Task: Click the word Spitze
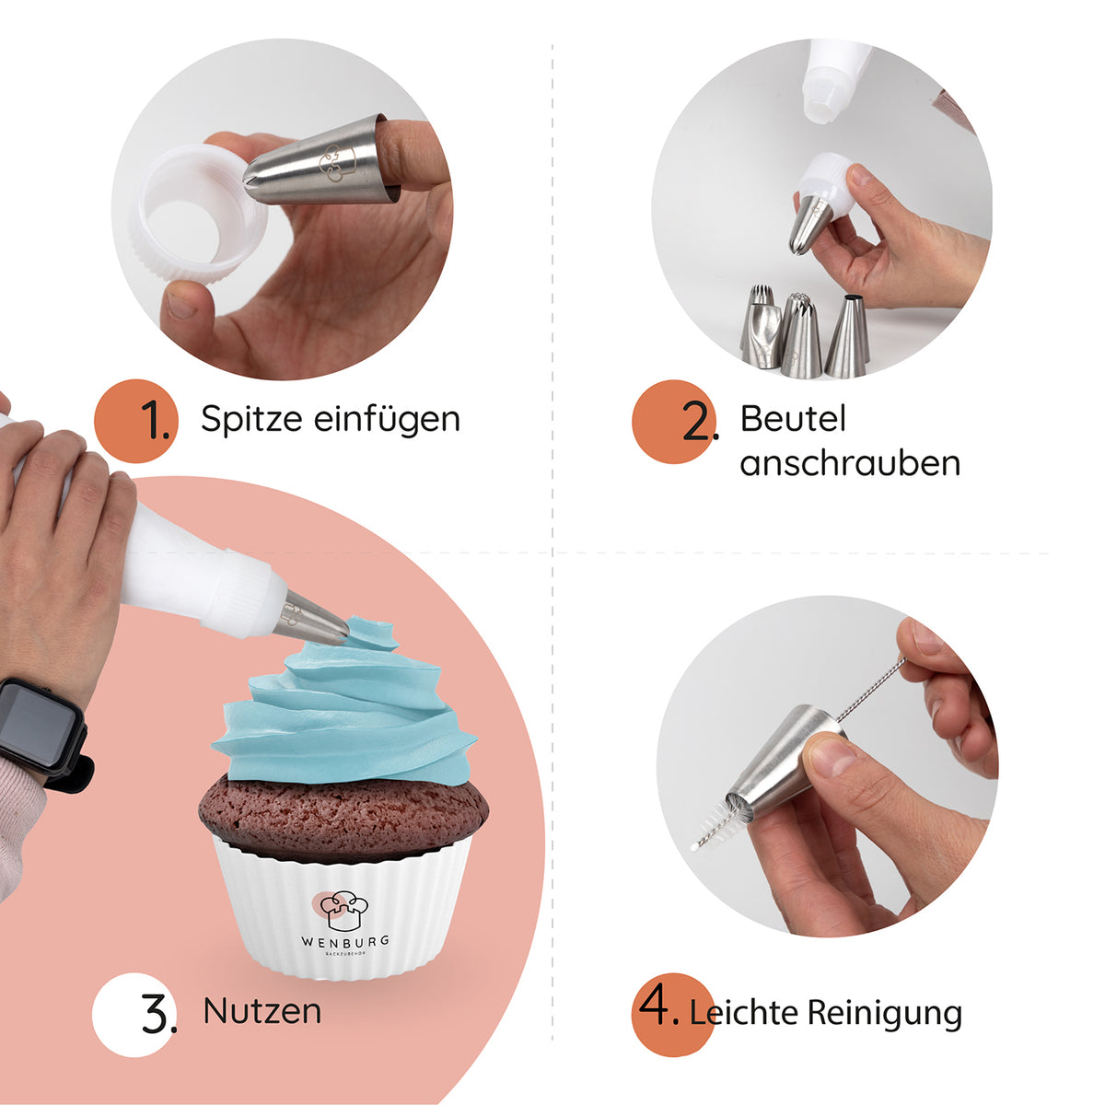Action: click(251, 419)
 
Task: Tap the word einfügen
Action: click(387, 419)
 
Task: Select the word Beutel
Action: click(793, 418)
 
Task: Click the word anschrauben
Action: click(850, 463)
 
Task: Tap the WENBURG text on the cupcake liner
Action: click(345, 942)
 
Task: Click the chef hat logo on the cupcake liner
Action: click(343, 911)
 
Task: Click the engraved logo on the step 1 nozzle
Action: click(338, 162)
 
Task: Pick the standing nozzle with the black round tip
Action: click(847, 336)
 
